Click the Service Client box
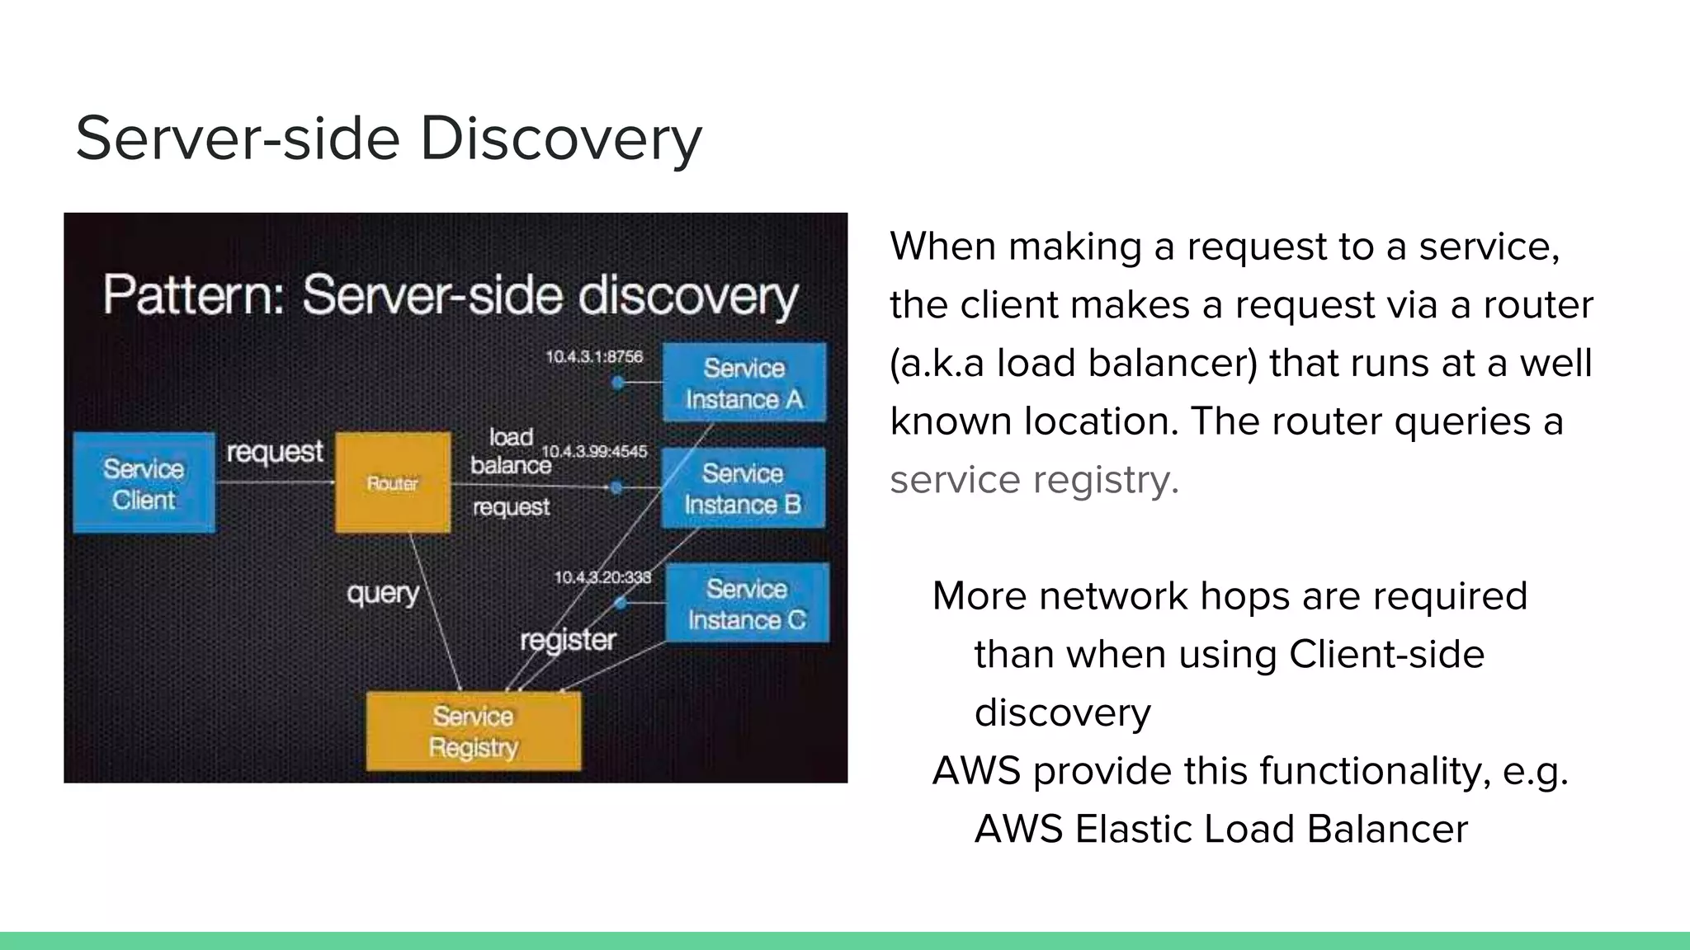point(144,483)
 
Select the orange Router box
point(393,482)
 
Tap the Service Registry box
point(474,731)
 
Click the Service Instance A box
point(744,383)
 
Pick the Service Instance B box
point(743,488)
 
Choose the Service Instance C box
point(747,604)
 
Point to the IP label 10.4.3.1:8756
point(594,356)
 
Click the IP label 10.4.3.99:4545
point(594,451)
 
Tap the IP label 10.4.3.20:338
point(602,577)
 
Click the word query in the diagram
point(383,593)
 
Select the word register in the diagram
point(568,640)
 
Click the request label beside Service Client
point(275,452)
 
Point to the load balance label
point(511,451)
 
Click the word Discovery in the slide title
point(561,139)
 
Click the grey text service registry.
point(1034,480)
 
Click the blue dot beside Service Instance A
point(617,383)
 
